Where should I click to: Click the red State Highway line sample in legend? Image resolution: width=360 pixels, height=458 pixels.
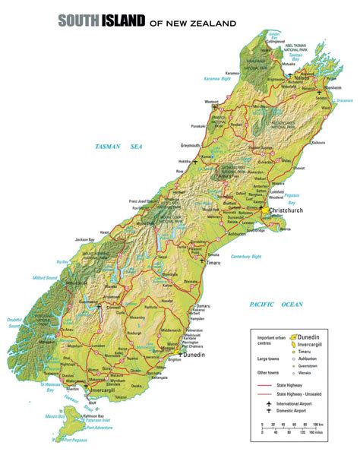[x=266, y=385]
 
